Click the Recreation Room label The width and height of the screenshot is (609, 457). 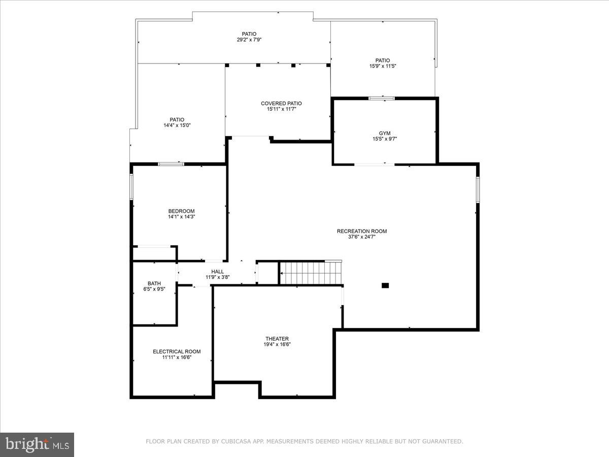tap(361, 231)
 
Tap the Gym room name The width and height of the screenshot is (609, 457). tap(385, 133)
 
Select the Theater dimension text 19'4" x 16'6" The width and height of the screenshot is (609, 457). tap(277, 344)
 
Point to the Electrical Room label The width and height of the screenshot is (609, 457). tap(177, 351)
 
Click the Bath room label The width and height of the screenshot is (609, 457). tap(154, 283)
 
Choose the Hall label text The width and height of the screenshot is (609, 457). tap(218, 272)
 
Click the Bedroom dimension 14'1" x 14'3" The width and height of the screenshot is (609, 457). tap(181, 217)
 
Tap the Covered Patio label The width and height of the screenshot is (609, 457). tap(281, 104)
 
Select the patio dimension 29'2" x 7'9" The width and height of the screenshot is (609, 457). tap(249, 40)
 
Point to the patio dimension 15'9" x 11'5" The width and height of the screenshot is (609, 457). tap(383, 66)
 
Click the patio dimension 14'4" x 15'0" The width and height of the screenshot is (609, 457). tap(177, 125)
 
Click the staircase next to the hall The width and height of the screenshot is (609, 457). tap(311, 273)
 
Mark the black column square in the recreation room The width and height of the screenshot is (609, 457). tap(385, 285)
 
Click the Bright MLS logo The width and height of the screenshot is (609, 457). tap(37, 444)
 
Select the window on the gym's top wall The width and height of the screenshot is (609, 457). tap(382, 98)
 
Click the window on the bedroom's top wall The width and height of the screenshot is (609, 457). tap(171, 164)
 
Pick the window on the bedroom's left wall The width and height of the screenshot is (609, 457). tap(131, 186)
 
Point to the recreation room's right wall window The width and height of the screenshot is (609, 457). tap(478, 189)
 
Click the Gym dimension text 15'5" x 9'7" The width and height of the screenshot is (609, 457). tap(385, 139)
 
